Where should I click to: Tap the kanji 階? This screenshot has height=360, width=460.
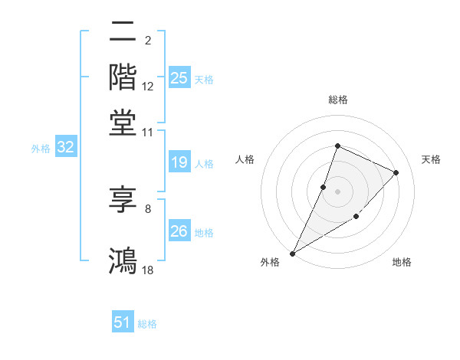pyautogui.click(x=123, y=77)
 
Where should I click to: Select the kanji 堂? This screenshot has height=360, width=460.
pyautogui.click(x=123, y=121)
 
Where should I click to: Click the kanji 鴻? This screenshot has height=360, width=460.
pyautogui.click(x=123, y=258)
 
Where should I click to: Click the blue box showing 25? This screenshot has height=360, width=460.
pyautogui.click(x=179, y=78)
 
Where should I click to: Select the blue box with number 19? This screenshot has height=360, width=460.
pyautogui.click(x=179, y=162)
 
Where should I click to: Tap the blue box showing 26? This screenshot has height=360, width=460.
pyautogui.click(x=179, y=231)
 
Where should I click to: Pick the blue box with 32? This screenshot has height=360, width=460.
pyautogui.click(x=65, y=148)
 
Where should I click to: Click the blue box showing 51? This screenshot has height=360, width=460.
pyautogui.click(x=123, y=323)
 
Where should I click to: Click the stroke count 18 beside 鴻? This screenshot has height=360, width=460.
pyautogui.click(x=148, y=270)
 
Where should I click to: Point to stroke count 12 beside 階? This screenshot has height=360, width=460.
pyautogui.click(x=148, y=87)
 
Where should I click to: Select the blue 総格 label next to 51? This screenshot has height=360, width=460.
pyautogui.click(x=147, y=325)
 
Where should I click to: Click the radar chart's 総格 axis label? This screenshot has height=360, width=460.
pyautogui.click(x=337, y=100)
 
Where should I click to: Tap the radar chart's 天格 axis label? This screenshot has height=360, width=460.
pyautogui.click(x=431, y=159)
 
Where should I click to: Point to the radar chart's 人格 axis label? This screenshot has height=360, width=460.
pyautogui.click(x=245, y=159)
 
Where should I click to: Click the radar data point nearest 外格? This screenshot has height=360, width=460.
pyautogui.click(x=293, y=253)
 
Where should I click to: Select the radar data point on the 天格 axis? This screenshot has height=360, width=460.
pyautogui.click(x=396, y=172)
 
